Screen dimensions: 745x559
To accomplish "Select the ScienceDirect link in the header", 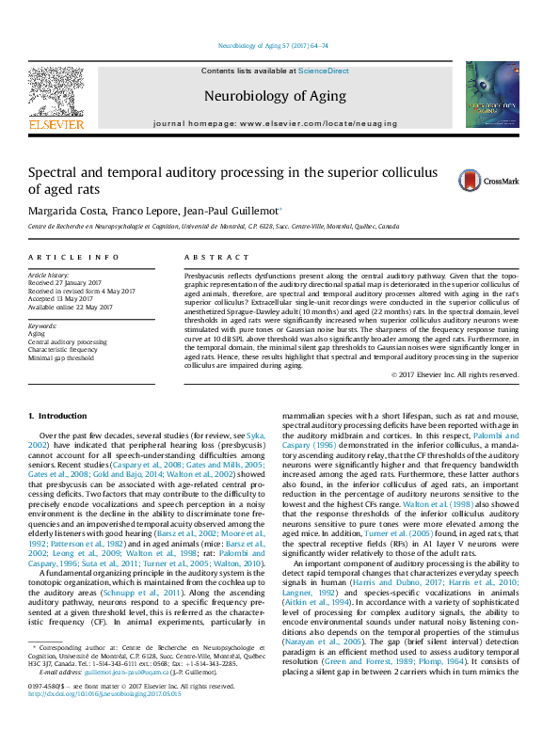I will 324,71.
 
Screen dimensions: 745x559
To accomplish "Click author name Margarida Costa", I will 67,211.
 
